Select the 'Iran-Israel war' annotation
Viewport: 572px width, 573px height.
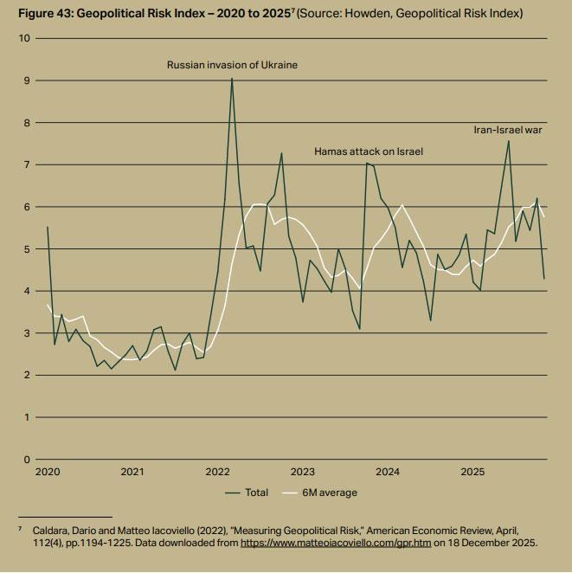click(x=507, y=130)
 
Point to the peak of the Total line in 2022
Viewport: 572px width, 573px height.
click(x=231, y=79)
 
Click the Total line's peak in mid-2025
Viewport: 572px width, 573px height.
click(x=508, y=141)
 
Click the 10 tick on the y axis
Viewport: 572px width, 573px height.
click(x=24, y=39)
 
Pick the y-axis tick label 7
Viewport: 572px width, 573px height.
click(x=27, y=164)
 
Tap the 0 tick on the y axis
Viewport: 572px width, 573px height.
click(x=27, y=460)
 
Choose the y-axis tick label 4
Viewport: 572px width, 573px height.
click(x=27, y=291)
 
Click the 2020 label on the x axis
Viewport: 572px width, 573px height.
click(x=48, y=473)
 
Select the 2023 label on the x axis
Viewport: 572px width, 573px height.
click(x=302, y=473)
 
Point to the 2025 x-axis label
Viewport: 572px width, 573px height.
click(x=472, y=473)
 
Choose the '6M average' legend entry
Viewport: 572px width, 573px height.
click(x=329, y=493)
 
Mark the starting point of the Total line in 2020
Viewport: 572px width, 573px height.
click(x=47, y=227)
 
